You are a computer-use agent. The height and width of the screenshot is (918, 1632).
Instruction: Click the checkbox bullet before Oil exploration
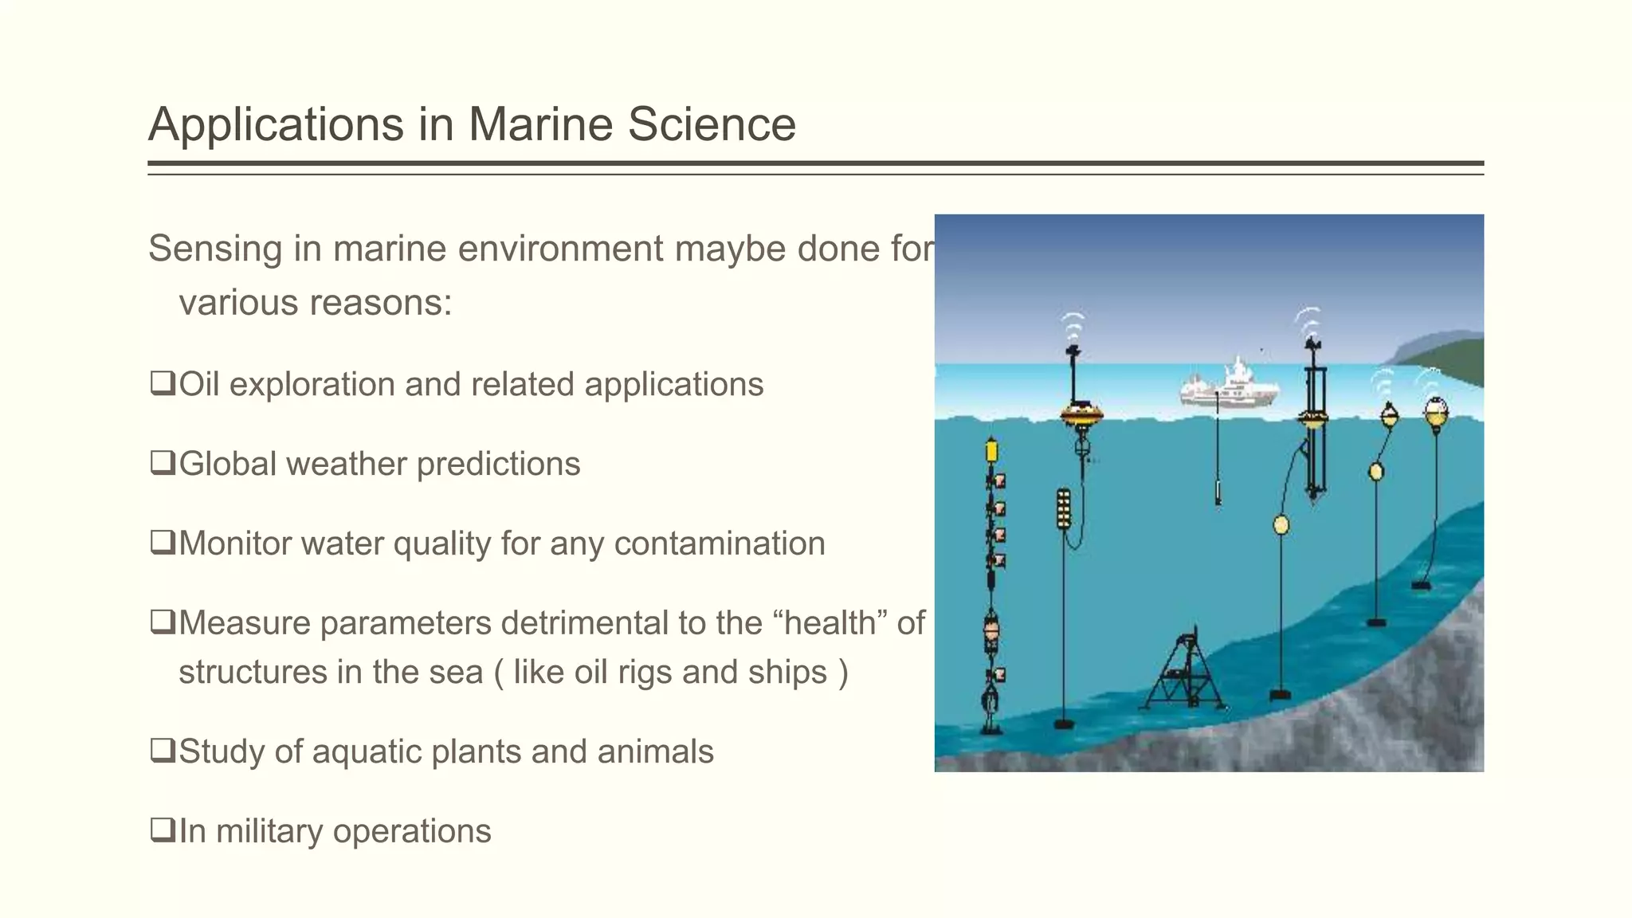163,383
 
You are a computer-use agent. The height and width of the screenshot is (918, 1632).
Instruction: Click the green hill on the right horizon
1446,357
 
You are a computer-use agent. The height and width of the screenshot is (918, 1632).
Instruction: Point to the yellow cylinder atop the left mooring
991,451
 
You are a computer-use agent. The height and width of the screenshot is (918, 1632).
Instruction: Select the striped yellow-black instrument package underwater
1063,509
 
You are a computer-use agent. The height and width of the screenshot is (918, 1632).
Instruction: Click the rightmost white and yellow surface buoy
1436,413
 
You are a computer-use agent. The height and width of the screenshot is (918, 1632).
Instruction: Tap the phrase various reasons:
315,303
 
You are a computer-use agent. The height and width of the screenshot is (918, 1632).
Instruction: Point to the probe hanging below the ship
1218,491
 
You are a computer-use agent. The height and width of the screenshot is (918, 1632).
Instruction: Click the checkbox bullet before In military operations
163,830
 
